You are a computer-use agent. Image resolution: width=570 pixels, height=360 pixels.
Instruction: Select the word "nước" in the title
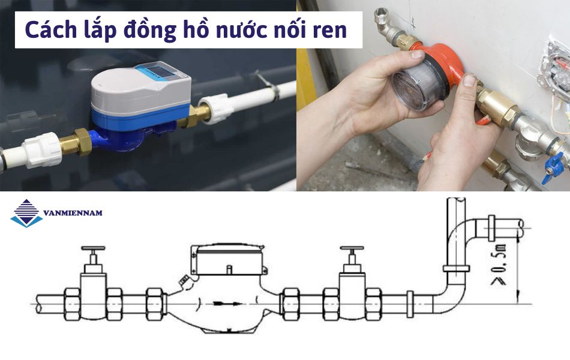click(235, 30)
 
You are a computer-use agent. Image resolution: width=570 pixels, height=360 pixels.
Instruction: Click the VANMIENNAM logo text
click(73, 213)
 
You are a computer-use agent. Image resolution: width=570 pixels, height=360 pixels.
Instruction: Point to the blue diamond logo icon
click(26, 212)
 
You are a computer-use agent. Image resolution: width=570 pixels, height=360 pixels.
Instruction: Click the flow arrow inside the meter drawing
click(224, 303)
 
